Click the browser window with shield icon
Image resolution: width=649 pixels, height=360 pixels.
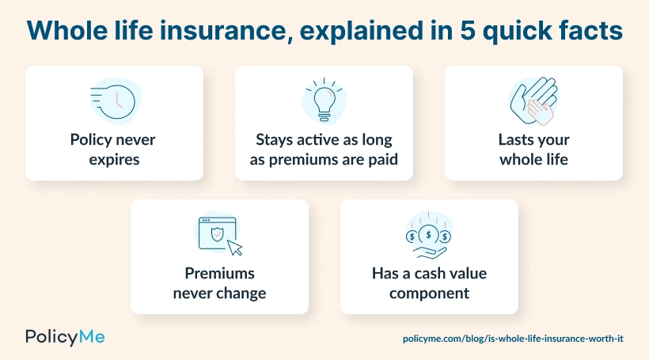tap(215, 233)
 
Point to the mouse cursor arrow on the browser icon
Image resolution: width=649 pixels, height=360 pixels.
tap(234, 248)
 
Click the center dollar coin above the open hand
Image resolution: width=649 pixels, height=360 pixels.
tap(428, 234)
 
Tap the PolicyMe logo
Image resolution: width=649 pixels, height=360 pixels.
tap(65, 336)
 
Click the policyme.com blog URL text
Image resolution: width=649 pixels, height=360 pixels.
tap(514, 338)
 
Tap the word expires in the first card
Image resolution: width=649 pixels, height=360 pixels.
tap(114, 159)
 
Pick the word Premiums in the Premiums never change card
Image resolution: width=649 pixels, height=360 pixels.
tap(219, 274)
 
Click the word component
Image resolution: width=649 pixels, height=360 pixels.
tap(428, 293)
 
